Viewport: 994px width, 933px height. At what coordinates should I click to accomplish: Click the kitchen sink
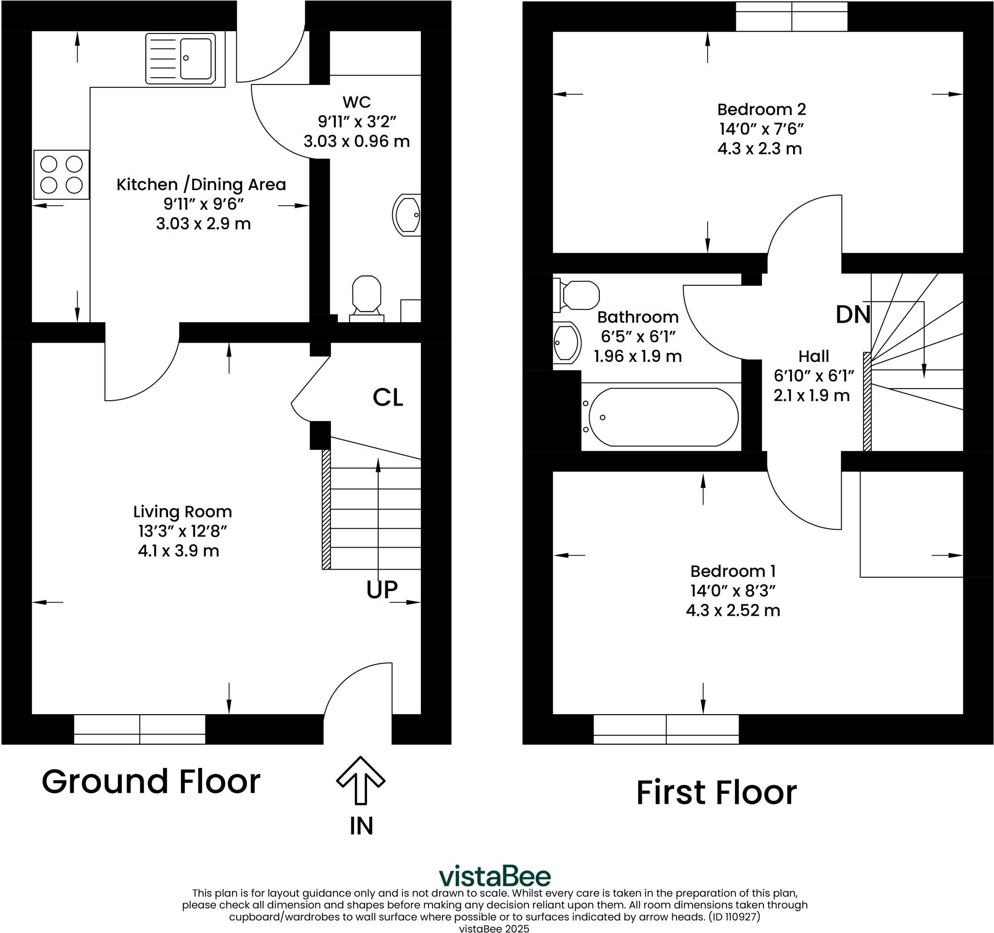(181, 59)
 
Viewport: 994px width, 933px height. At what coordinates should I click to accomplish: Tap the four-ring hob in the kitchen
(62, 174)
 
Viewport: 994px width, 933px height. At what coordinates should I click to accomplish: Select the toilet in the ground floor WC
(366, 298)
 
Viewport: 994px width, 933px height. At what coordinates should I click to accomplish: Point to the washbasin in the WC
(407, 215)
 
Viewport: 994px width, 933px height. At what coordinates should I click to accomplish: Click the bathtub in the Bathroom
(661, 417)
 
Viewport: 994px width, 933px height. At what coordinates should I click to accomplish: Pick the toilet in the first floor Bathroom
(577, 295)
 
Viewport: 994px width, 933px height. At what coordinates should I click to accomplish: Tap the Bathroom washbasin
(567, 343)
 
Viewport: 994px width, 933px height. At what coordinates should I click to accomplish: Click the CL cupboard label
(387, 397)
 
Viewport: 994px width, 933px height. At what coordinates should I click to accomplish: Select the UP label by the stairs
(382, 589)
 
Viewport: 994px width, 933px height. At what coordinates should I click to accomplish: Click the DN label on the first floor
(853, 315)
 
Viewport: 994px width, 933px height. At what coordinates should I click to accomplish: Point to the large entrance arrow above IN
(361, 781)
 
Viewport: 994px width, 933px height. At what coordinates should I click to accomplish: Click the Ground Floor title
(151, 782)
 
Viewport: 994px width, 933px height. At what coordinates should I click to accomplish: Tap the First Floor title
(716, 793)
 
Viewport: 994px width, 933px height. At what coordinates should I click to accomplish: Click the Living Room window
(139, 730)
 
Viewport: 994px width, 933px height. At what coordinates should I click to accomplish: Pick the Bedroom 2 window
(792, 16)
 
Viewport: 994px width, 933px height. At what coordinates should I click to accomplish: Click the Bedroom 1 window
(666, 730)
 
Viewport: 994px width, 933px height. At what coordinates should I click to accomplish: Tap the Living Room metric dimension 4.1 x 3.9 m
(179, 551)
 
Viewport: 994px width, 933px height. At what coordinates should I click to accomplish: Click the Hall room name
(813, 356)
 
